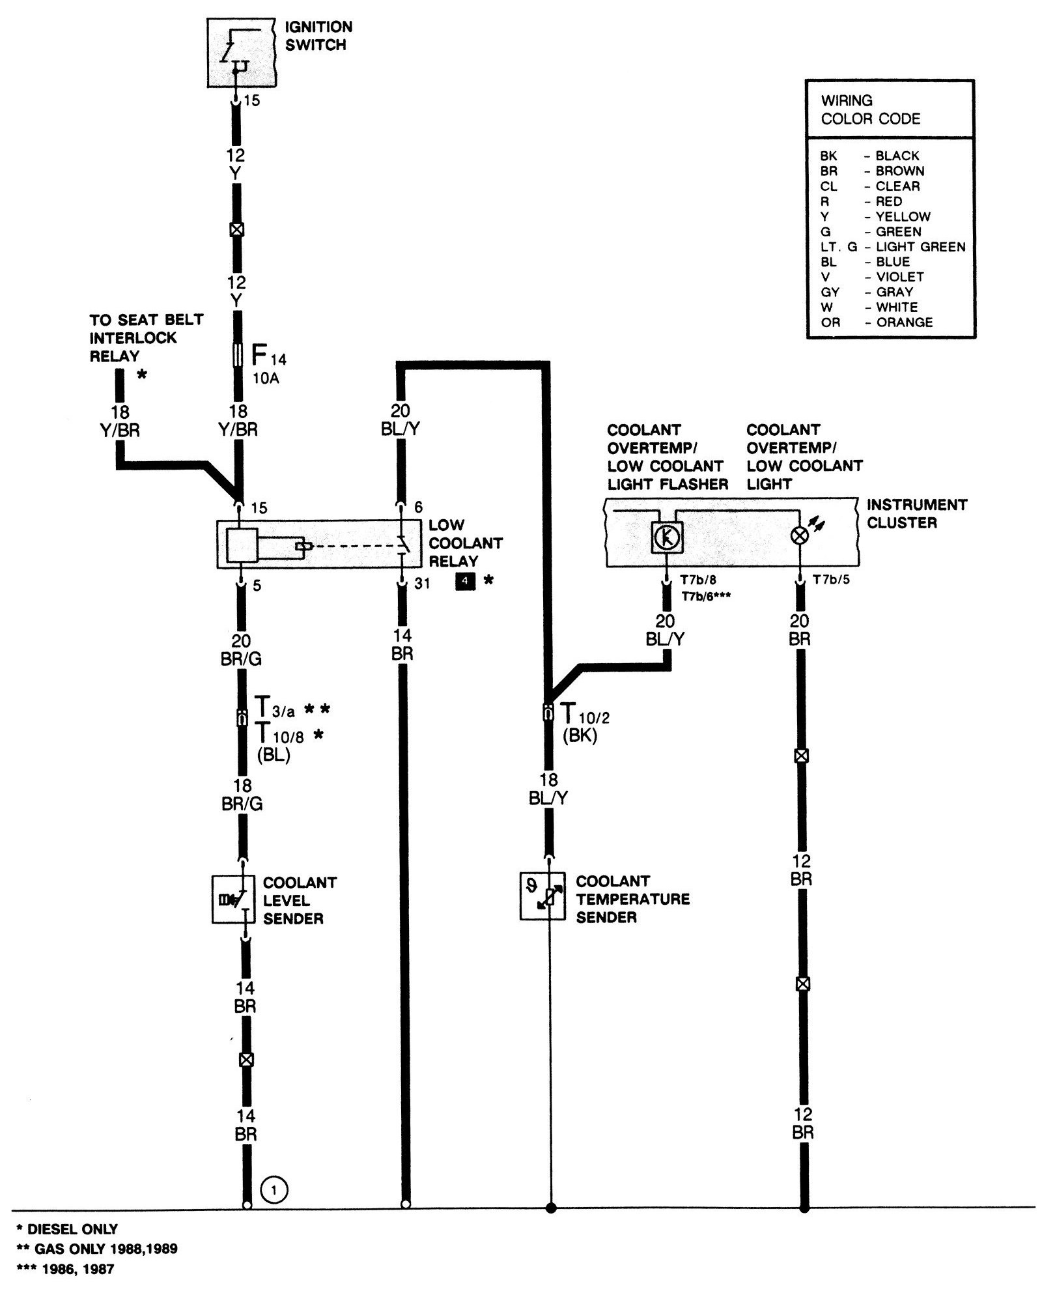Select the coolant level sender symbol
pos(234,900)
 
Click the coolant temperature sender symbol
pos(542,896)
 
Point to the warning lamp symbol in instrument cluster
pos(799,535)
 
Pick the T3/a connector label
pos(274,707)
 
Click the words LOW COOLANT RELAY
pos(465,543)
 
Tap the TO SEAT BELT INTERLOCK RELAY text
pos(146,337)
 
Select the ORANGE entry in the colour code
pos(903,322)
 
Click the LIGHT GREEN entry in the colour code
pos(920,247)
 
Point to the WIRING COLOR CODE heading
pos(870,109)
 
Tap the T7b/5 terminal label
pos(830,580)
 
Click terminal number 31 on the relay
pos(422,584)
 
